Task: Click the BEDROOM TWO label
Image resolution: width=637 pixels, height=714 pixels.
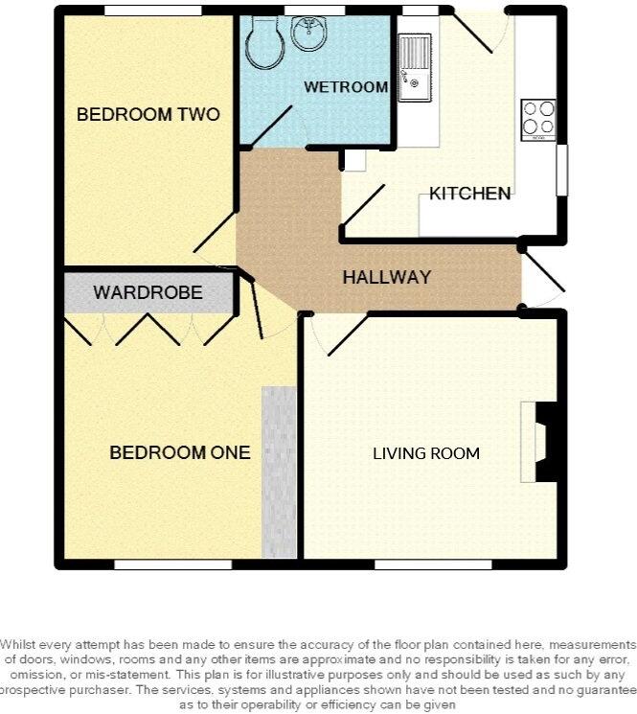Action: point(148,115)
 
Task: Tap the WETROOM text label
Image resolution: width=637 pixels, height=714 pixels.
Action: point(346,87)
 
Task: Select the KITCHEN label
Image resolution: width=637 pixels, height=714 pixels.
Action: point(469,194)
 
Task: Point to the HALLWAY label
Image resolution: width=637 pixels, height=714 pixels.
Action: point(387,278)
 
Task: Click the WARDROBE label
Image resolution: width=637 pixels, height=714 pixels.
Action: point(148,292)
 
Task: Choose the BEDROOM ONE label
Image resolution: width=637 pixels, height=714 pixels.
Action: point(180,452)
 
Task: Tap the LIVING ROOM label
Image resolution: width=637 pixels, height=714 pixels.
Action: point(426,453)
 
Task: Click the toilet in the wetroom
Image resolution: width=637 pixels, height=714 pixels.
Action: point(264,42)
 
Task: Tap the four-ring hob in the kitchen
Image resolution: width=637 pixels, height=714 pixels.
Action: point(537,119)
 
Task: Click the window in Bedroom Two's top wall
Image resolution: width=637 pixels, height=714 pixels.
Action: point(153,11)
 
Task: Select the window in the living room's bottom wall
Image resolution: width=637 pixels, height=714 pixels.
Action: point(433,564)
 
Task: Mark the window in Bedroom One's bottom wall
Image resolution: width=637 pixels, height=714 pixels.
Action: point(172,564)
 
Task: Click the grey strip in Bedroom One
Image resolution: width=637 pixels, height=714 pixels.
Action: point(279,472)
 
